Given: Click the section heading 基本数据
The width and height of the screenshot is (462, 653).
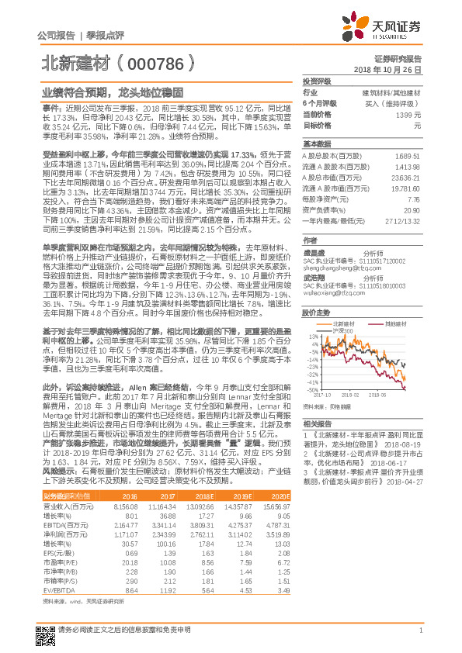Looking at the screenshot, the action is pyautogui.click(x=317, y=144).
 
